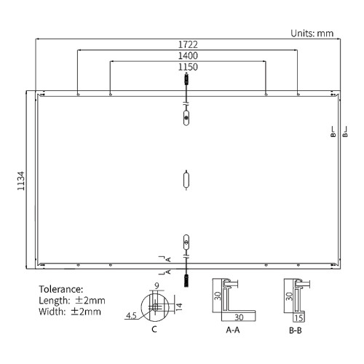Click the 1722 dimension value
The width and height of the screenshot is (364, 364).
tap(188, 44)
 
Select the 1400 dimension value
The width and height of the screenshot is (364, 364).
tap(188, 56)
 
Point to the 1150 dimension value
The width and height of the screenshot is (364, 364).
tap(188, 67)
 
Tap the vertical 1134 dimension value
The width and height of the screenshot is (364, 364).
tap(21, 181)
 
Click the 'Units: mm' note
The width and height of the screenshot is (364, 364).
tap(312, 33)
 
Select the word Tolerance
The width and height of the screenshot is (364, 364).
tap(61, 289)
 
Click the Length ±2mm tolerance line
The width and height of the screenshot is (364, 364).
tap(72, 301)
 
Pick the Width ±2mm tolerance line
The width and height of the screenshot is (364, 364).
tap(70, 312)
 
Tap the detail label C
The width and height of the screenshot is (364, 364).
tap(154, 329)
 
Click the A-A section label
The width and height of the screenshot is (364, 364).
tap(233, 330)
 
